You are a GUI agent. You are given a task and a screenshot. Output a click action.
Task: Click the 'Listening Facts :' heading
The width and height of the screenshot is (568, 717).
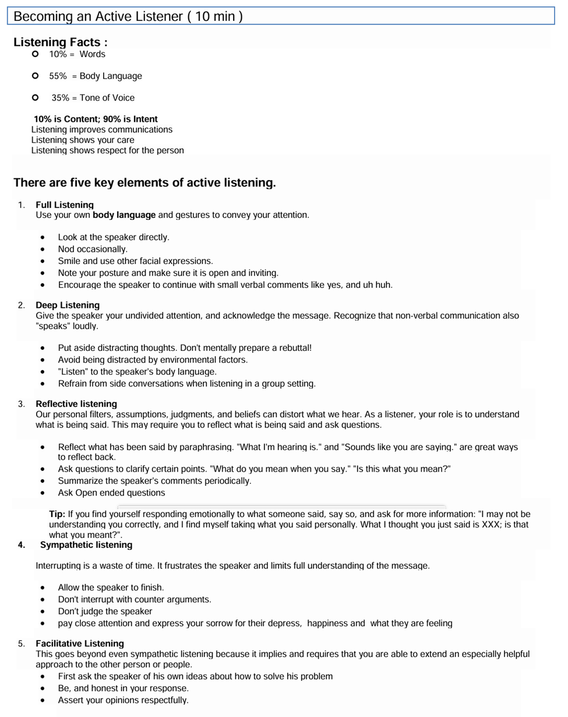click(x=60, y=42)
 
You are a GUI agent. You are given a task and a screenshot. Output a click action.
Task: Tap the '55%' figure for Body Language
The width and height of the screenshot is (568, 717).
click(x=58, y=76)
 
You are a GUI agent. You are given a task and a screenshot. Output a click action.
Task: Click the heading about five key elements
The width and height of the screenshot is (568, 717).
click(x=144, y=182)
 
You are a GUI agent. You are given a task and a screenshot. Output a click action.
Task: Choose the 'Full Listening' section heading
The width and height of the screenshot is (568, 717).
click(x=64, y=205)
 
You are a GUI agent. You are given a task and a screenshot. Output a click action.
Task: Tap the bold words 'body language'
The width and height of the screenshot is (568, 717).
click(x=124, y=215)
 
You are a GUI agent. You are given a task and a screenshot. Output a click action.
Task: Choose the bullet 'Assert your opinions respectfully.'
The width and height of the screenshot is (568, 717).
click(x=124, y=700)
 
